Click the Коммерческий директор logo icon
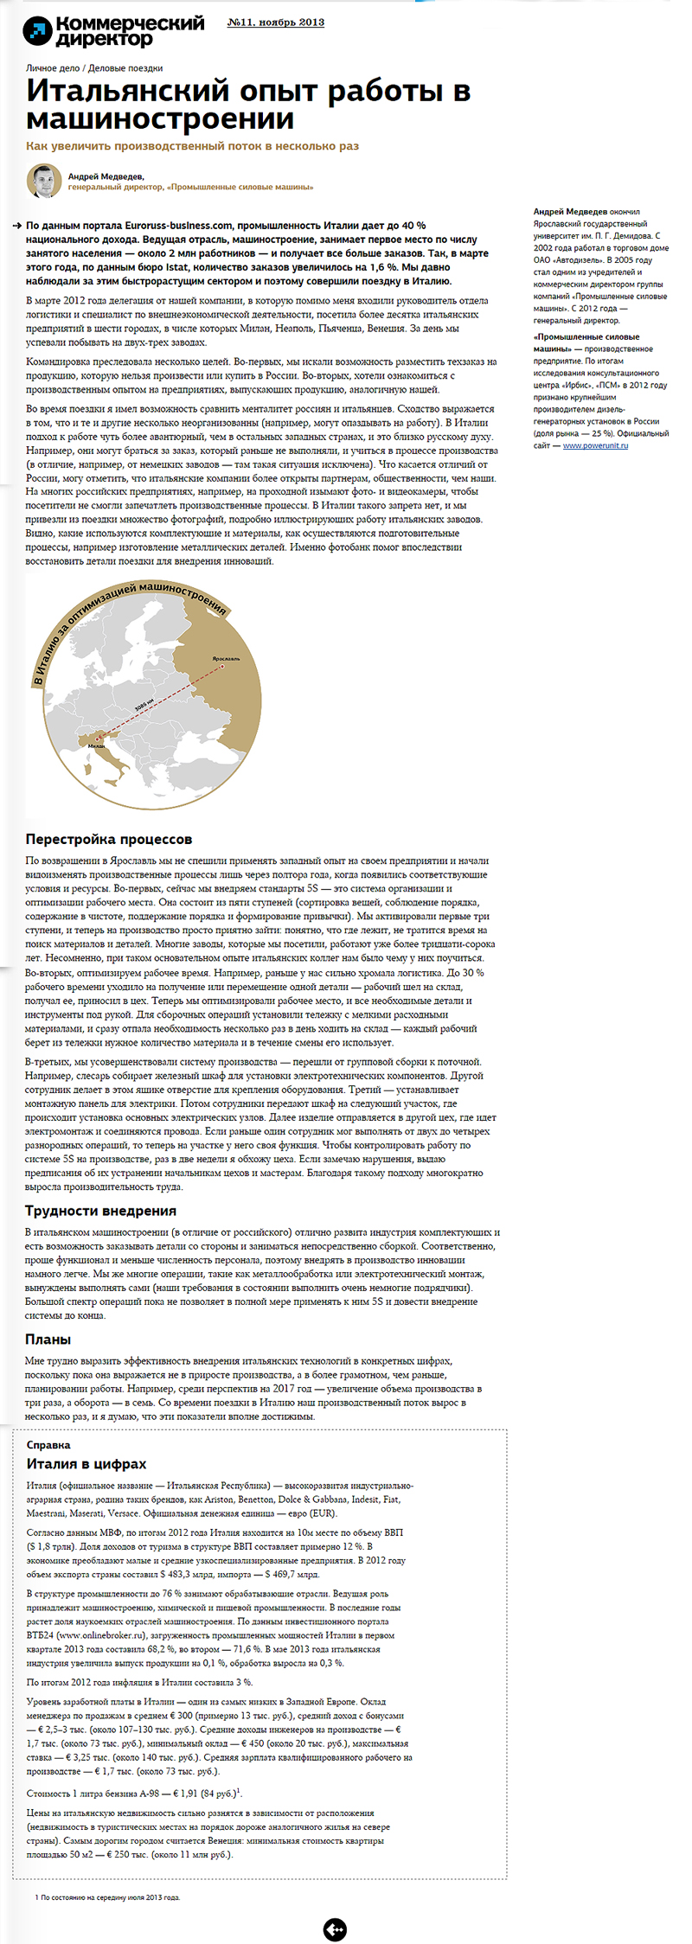[37, 31]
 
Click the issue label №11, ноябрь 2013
[275, 22]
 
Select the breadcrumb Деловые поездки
[125, 68]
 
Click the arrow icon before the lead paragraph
[17, 226]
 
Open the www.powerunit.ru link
[595, 445]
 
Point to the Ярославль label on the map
[226, 658]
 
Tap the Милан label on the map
[96, 745]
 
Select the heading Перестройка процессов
[109, 839]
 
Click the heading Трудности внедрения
[100, 1211]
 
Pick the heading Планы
[48, 1340]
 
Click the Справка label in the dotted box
[48, 1445]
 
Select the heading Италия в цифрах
[86, 1464]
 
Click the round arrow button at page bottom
[335, 1929]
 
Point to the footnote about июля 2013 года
[107, 1897]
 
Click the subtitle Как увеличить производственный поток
[192, 146]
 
